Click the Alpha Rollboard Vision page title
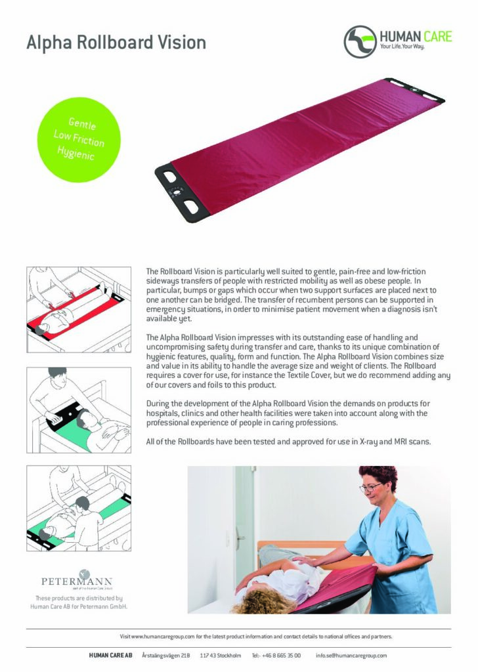(x=116, y=43)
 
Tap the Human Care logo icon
(x=360, y=41)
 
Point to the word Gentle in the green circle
(x=83, y=123)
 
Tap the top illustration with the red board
(x=79, y=308)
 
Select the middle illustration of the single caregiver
(x=79, y=409)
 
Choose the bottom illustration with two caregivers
(x=79, y=509)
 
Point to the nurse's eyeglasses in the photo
(x=372, y=487)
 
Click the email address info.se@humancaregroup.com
(x=351, y=656)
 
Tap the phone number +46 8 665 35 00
(x=282, y=656)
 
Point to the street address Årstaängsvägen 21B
(x=166, y=656)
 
